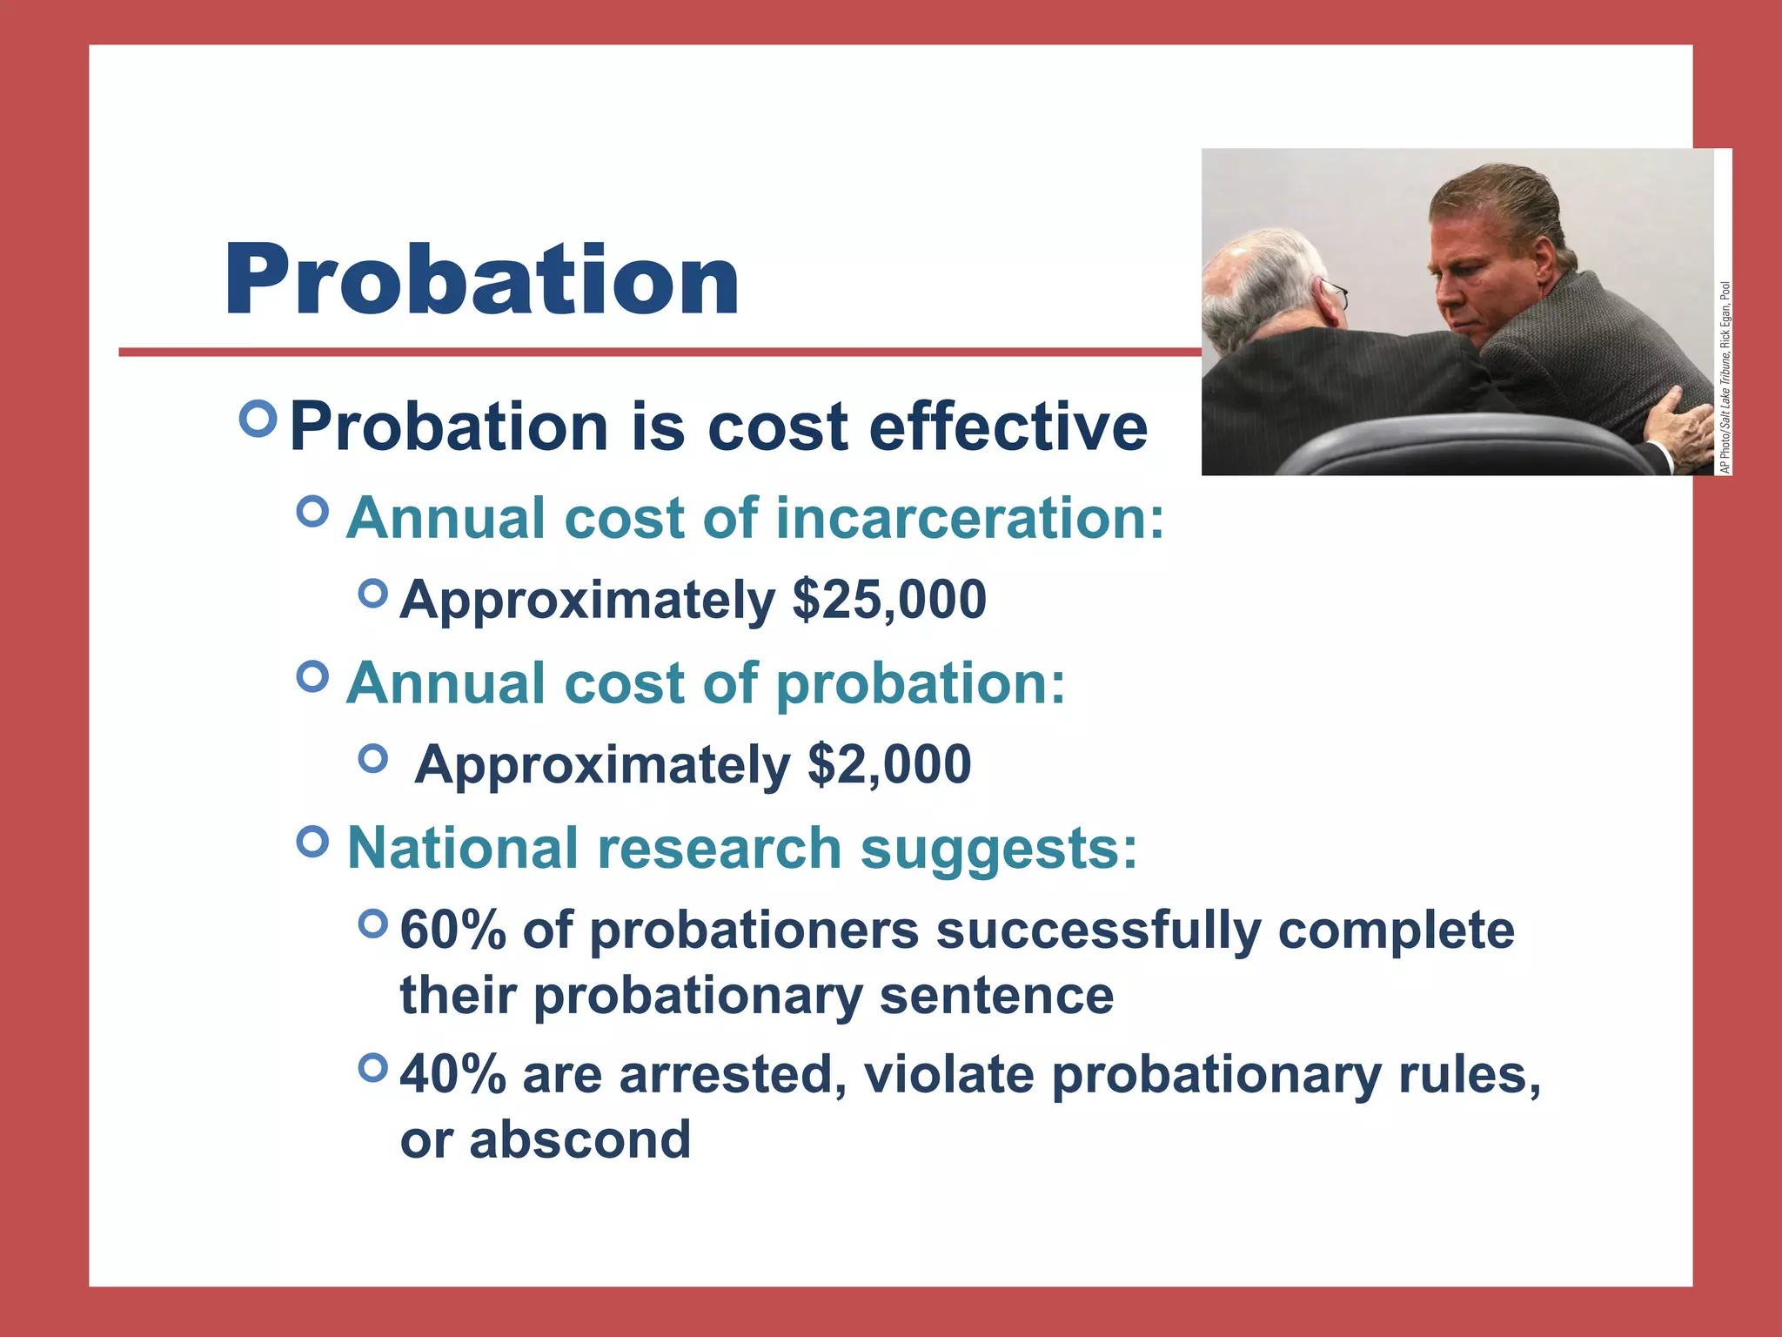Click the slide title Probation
pyautogui.click(x=481, y=280)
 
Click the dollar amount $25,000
pyautogui.click(x=889, y=601)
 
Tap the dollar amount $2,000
pyautogui.click(x=889, y=765)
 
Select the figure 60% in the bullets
pyautogui.click(x=452, y=931)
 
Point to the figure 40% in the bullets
pyautogui.click(x=452, y=1075)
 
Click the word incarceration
pyautogui.click(x=968, y=518)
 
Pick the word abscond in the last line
pyautogui.click(x=579, y=1139)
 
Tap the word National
pyautogui.click(x=462, y=848)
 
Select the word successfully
pyautogui.click(x=1097, y=931)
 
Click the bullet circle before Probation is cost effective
pyautogui.click(x=258, y=420)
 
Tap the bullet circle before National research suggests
pyautogui.click(x=312, y=842)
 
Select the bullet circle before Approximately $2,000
pyautogui.click(x=372, y=758)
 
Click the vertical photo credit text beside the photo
pyautogui.click(x=1725, y=378)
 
